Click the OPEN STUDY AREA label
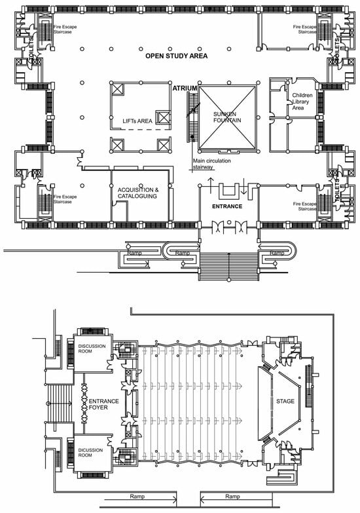tap(176, 56)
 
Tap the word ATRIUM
tap(185, 88)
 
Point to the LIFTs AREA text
tap(137, 121)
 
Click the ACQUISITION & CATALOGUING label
tap(138, 193)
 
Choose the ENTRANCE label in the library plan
tap(227, 206)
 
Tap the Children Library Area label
tap(302, 102)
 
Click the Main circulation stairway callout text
tap(211, 164)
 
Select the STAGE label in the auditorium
tap(285, 401)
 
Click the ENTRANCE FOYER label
tap(103, 404)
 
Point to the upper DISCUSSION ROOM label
tap(92, 349)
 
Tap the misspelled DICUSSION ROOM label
tap(90, 453)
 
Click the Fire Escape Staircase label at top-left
tap(65, 29)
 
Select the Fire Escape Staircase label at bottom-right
tap(305, 206)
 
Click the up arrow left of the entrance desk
tap(211, 185)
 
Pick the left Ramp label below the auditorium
tap(137, 497)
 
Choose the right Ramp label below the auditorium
tap(232, 497)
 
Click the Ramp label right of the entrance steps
tap(277, 253)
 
